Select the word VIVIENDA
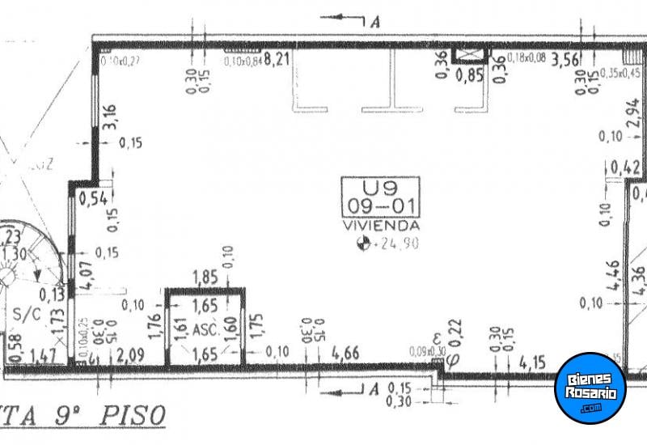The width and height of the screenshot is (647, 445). pos(380,226)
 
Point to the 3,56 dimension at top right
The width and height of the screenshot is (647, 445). pos(565,58)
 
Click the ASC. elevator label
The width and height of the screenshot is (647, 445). pos(205,329)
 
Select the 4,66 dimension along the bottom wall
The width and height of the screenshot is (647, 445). pos(346,353)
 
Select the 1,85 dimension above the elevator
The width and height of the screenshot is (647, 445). pos(205,278)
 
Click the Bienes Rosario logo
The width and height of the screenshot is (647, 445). pos(591,387)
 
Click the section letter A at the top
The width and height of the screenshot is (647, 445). pos(374,22)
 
